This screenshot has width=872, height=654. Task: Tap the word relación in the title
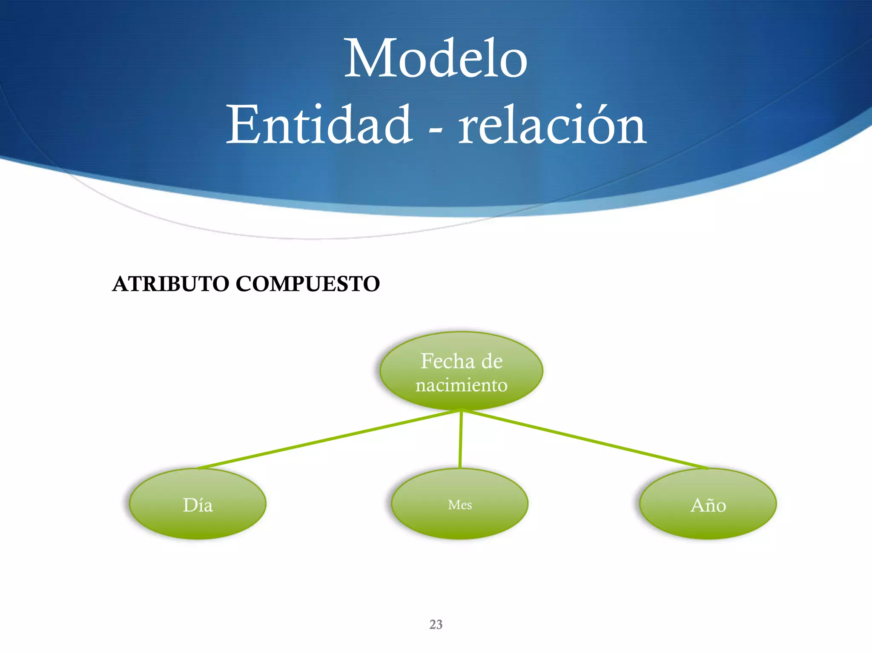pyautogui.click(x=552, y=125)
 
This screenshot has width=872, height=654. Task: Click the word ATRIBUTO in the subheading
pyautogui.click(x=170, y=284)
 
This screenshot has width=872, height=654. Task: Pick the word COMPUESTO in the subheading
pyautogui.click(x=307, y=284)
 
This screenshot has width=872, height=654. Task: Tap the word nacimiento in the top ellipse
pyautogui.click(x=462, y=385)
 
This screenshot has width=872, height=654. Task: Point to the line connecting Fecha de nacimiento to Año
pyautogui.click(x=585, y=439)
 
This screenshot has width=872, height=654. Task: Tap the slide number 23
pyautogui.click(x=436, y=625)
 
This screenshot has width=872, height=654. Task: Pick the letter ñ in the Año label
pyautogui.click(x=708, y=506)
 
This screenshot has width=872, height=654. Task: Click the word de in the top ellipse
pyautogui.click(x=492, y=361)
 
